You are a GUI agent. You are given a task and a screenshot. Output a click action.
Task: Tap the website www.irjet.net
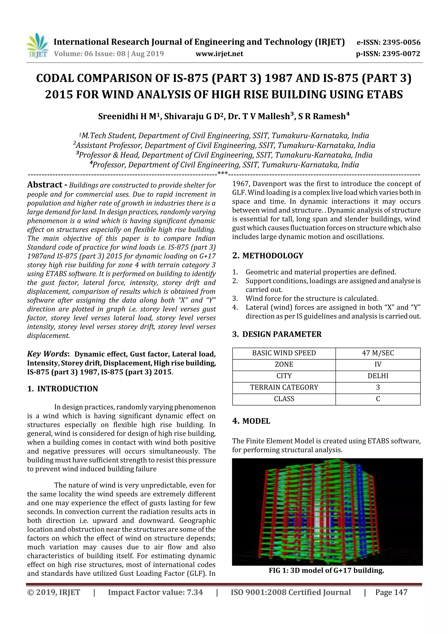[x=219, y=54]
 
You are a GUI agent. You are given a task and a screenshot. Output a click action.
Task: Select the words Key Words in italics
[x=47, y=354]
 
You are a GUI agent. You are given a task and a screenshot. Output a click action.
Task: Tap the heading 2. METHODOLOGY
[x=268, y=256]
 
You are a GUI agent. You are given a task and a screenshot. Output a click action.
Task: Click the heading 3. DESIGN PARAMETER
[x=277, y=334]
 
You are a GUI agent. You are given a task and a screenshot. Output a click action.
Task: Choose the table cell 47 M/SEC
[x=378, y=353]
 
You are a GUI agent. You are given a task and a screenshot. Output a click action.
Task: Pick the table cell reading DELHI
[x=378, y=376]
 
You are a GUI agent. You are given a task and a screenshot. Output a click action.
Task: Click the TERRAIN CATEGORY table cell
[x=284, y=387]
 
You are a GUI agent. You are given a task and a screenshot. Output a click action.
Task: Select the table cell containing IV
[x=378, y=365]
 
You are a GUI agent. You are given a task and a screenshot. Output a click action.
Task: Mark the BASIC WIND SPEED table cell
[x=284, y=353]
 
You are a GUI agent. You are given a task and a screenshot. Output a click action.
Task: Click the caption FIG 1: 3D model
[x=326, y=571]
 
